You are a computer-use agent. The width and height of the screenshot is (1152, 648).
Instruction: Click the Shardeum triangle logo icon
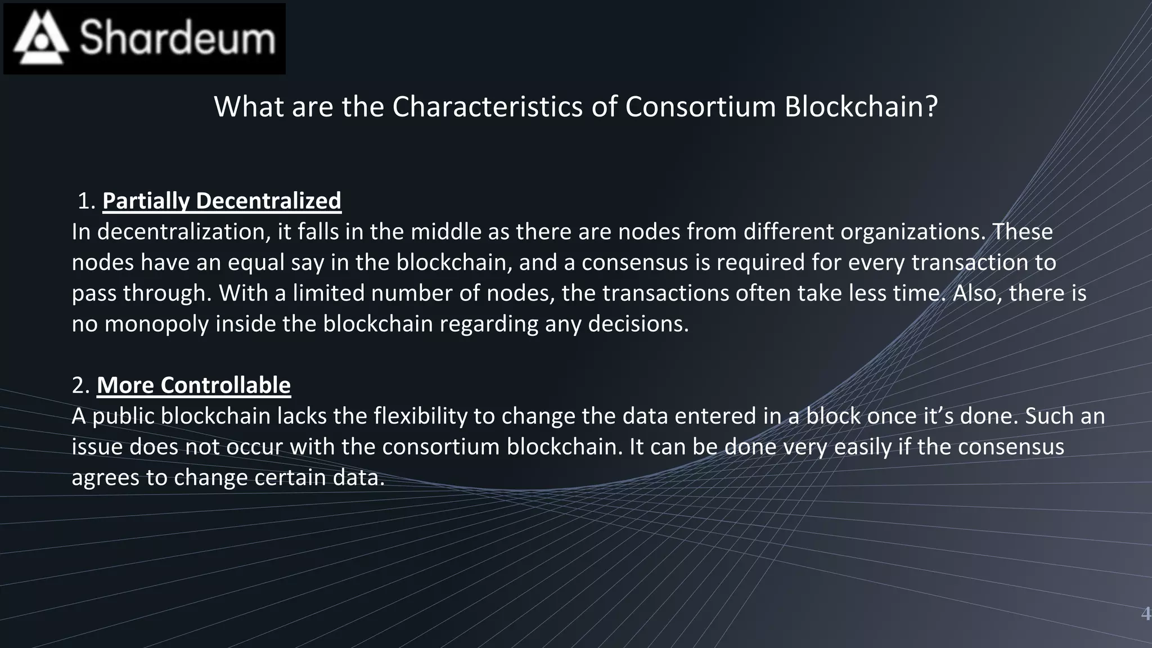41,38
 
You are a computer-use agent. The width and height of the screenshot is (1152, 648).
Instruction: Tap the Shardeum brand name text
178,38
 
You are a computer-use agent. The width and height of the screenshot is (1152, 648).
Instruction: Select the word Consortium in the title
700,106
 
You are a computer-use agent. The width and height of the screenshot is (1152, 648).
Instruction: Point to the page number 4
1145,614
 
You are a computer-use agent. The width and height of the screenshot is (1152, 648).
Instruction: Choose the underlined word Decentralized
268,201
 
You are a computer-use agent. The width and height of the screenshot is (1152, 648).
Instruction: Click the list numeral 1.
85,201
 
